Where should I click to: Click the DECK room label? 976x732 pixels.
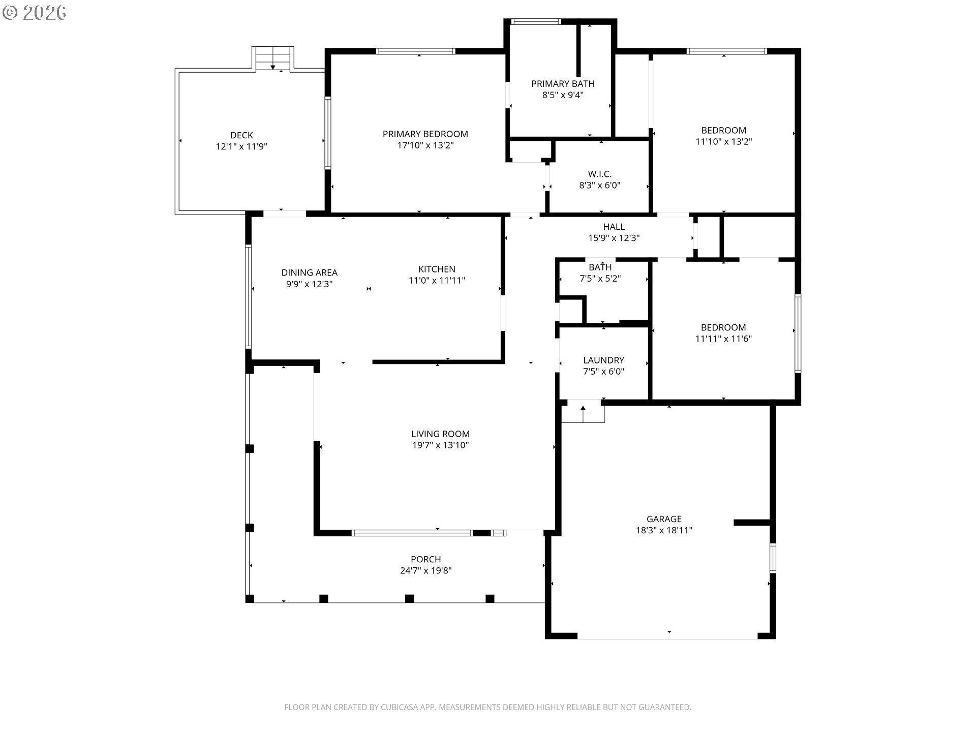tap(241, 135)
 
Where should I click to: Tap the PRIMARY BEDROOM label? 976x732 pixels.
tap(425, 134)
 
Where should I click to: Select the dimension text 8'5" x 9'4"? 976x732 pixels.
tap(563, 95)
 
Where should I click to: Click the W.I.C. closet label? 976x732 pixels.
tap(600, 174)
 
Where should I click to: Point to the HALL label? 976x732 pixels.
tap(614, 227)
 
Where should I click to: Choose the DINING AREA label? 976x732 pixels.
tap(310, 273)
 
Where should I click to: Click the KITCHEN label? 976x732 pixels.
tap(437, 269)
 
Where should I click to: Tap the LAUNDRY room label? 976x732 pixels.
tap(603, 360)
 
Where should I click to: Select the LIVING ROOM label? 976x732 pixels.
tap(440, 434)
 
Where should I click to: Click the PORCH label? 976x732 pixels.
tap(426, 560)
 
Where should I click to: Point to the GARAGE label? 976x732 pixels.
tap(664, 519)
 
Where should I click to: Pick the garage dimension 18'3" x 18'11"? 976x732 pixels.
tap(664, 531)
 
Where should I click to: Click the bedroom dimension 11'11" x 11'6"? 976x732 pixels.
tap(723, 339)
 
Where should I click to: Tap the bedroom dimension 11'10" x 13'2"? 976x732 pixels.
tap(724, 142)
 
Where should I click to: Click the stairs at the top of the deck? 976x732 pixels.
tap(273, 58)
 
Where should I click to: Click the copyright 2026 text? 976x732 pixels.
tap(35, 13)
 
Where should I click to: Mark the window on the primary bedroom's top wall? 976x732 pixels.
tap(415, 51)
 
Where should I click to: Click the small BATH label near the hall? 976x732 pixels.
tap(600, 267)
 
